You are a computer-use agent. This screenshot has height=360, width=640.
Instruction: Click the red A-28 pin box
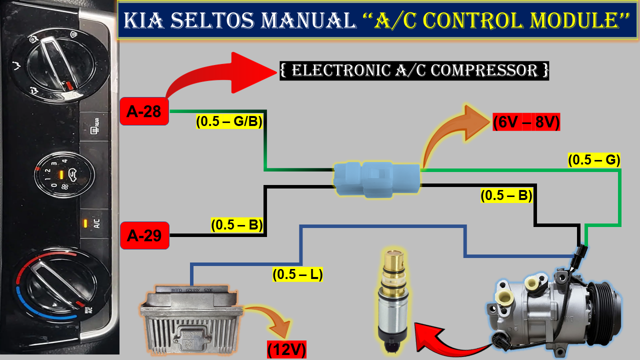(143, 111)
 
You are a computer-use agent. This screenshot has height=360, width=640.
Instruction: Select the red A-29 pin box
(144, 235)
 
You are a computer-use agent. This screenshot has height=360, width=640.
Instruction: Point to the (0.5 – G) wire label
(594, 160)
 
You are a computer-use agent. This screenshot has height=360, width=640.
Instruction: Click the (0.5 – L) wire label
(297, 274)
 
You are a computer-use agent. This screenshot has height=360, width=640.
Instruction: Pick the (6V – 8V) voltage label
(526, 122)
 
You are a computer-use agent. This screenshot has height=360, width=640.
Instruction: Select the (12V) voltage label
(286, 349)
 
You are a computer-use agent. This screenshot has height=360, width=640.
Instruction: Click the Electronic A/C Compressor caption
(414, 70)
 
